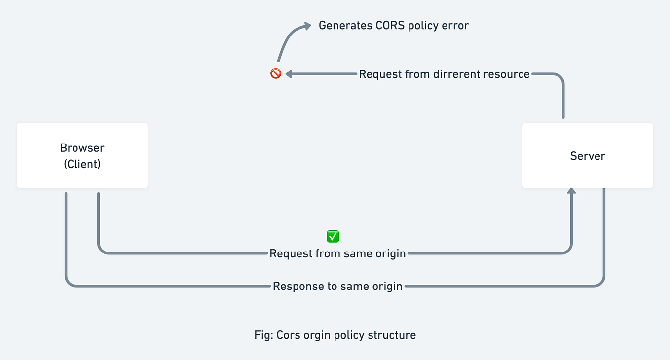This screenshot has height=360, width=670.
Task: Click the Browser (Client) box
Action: (x=82, y=155)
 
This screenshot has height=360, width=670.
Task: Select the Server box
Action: (x=588, y=156)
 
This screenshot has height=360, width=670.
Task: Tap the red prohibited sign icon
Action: (x=276, y=74)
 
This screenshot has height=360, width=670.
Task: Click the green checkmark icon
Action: (x=333, y=236)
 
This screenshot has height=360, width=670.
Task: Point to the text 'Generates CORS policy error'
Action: (x=393, y=26)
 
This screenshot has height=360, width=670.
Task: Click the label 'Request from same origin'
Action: (x=337, y=253)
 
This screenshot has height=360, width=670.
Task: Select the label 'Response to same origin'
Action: (x=337, y=286)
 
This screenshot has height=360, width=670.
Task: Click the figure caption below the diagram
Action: (x=335, y=335)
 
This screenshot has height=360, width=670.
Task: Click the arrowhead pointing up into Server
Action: (x=571, y=192)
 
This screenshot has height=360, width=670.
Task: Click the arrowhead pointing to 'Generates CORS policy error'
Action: (x=307, y=25)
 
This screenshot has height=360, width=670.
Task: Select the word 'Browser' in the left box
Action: (x=82, y=148)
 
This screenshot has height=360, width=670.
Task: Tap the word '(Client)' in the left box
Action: (x=82, y=164)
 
